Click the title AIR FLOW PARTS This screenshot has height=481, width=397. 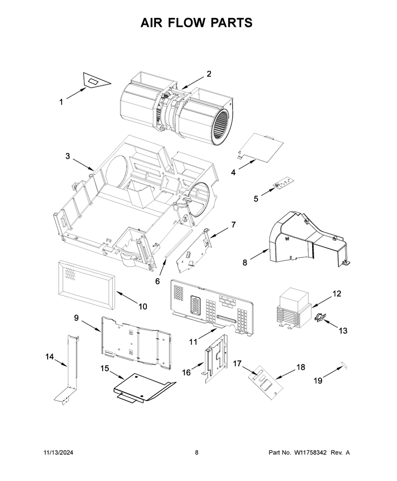pos(197,23)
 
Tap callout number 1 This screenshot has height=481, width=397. pos(61,102)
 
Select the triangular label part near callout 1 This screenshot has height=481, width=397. pos(96,80)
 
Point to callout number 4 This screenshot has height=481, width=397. pos(233,173)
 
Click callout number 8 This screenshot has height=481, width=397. pos(245,263)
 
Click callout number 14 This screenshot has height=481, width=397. pos(50,357)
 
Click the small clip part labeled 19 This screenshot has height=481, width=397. pos(343,364)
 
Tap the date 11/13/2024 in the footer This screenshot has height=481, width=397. pos(59,452)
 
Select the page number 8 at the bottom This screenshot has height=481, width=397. pos(197,452)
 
